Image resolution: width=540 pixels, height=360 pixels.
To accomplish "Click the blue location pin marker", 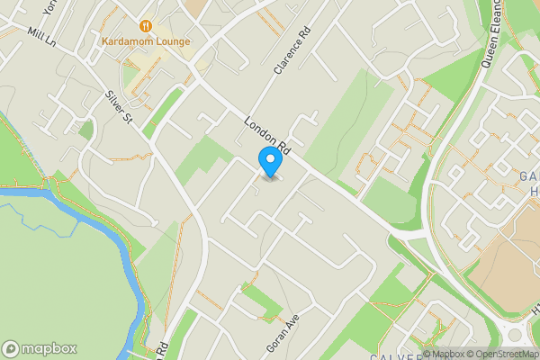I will (269, 160).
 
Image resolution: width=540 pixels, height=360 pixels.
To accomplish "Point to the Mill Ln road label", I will (41, 38).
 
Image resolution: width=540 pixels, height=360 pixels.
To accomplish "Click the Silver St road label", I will (118, 105).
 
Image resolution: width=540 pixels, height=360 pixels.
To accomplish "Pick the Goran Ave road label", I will (282, 333).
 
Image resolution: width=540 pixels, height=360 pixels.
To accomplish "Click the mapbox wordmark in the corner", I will (49, 348).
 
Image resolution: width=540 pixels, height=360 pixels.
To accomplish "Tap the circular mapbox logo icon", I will (12, 348).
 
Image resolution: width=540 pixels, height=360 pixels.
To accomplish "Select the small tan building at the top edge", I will (196, 5).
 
